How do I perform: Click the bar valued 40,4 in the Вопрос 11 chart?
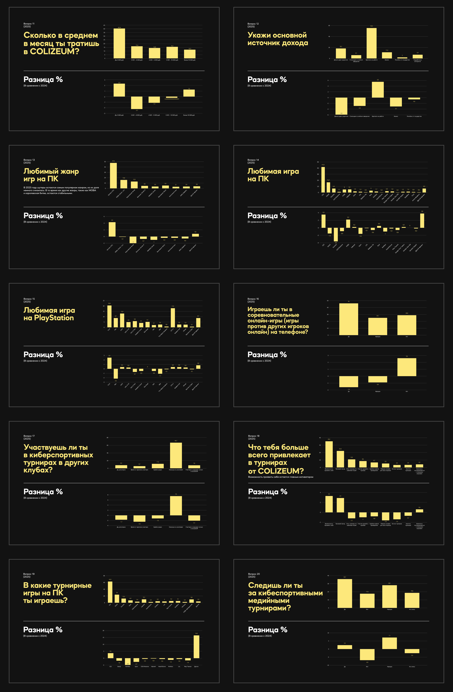click(119, 43)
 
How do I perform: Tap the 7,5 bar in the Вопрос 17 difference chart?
click(176, 506)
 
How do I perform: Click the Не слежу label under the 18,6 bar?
click(412, 609)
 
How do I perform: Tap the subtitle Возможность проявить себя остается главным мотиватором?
click(280, 477)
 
